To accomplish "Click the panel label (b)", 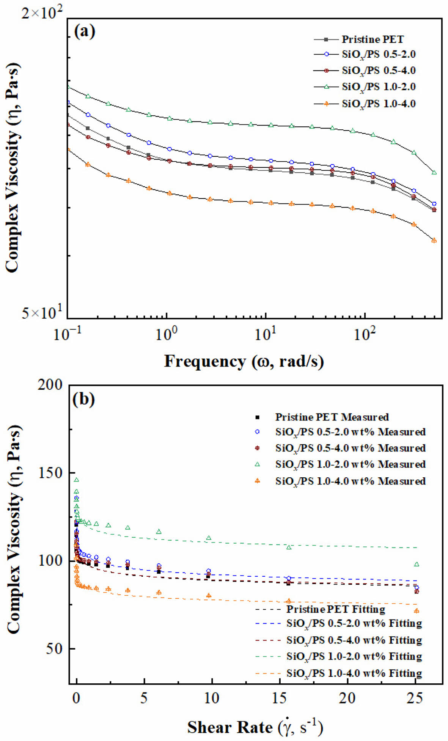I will tap(84, 399).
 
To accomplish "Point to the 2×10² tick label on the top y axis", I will tap(42, 14).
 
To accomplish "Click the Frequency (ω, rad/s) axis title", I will tap(244, 361).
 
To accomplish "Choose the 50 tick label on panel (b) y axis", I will tap(55, 648).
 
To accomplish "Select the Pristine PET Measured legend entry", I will tap(332, 417).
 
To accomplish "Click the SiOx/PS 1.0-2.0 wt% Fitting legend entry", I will tap(354, 656).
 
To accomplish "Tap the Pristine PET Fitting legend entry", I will tap(335, 609).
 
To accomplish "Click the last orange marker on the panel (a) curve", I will tap(434, 241).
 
